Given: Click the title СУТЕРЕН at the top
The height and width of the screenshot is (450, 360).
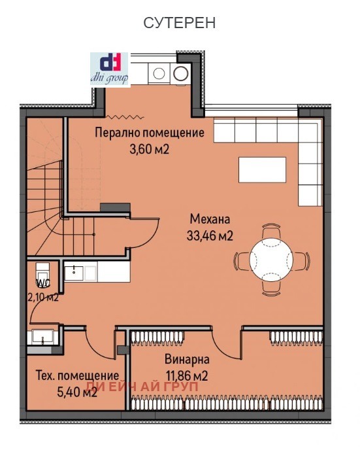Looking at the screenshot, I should click(x=180, y=23).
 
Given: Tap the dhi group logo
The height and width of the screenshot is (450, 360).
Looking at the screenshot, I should click(x=110, y=69).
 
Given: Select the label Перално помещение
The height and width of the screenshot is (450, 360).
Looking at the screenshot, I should click(x=150, y=133).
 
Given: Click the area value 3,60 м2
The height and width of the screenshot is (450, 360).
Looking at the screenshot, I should click(x=150, y=148).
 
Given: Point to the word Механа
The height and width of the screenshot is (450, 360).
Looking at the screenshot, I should click(x=210, y=218).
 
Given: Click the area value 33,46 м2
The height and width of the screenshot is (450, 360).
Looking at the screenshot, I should click(x=210, y=235).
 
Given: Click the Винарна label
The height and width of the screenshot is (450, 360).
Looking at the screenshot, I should click(x=186, y=360).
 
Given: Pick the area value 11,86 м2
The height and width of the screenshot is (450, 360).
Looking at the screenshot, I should click(x=186, y=375).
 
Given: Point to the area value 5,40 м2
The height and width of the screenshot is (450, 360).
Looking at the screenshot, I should click(x=76, y=392).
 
